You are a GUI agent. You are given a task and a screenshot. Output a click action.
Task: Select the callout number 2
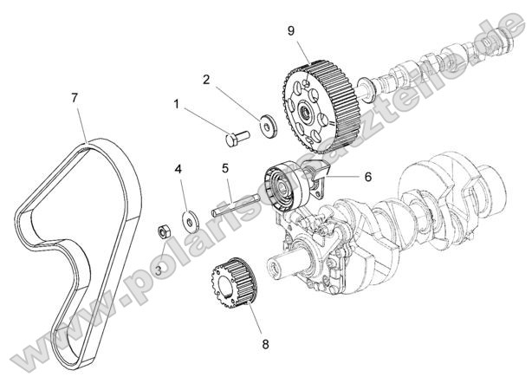[x=207, y=80]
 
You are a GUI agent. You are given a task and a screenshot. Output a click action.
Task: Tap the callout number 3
[x=159, y=270]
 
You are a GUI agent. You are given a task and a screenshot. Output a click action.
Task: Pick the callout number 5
[x=224, y=168]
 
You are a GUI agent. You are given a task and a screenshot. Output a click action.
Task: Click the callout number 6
[x=367, y=176]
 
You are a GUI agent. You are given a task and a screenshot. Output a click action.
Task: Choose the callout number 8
[x=265, y=344]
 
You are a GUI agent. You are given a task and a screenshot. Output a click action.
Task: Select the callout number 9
[x=291, y=30]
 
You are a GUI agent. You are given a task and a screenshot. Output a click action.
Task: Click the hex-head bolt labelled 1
[x=235, y=135]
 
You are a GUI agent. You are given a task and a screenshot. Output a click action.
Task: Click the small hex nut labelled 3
[x=163, y=231]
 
